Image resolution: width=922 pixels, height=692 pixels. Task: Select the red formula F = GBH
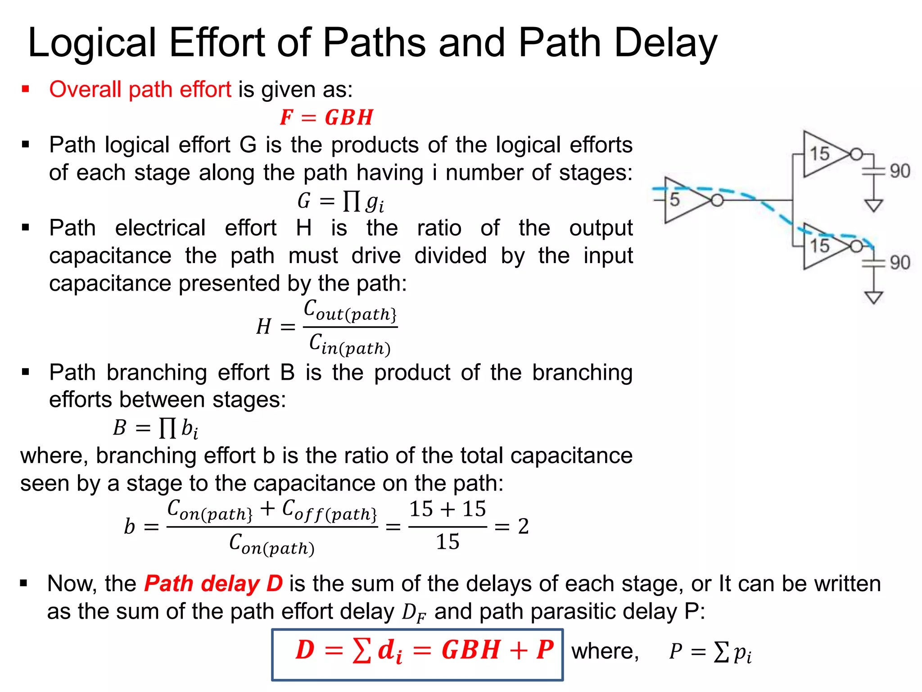coord(326,118)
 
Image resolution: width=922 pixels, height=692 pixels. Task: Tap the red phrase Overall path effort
coord(140,89)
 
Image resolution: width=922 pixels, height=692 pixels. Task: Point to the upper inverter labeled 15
coord(824,154)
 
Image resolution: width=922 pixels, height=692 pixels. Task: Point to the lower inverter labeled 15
coord(824,246)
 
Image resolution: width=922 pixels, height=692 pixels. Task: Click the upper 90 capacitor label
coord(899,171)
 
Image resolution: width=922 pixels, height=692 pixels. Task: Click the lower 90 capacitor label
coord(899,263)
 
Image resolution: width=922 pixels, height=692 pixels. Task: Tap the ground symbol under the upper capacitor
coord(873,206)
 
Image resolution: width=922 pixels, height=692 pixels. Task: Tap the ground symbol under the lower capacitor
coord(873,298)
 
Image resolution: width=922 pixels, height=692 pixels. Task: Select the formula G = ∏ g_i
coord(340,201)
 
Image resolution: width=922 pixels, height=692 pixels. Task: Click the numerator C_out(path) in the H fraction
coord(350,311)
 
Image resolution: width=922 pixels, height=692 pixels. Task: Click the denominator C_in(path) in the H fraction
coord(349,344)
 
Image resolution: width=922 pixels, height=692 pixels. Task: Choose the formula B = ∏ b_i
coord(155,428)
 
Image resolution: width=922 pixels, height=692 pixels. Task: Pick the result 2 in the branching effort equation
coord(523,526)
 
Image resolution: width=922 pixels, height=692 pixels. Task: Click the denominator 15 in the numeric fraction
coord(447,542)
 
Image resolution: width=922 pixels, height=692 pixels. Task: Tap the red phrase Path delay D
coord(213,584)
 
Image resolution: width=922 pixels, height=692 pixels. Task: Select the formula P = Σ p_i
coord(710,652)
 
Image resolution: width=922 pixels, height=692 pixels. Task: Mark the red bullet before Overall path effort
coord(26,89)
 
